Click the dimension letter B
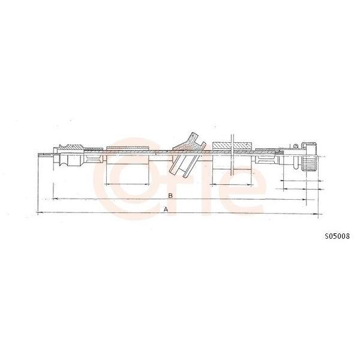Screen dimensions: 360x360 click(170, 196)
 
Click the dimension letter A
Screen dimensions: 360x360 click(166, 209)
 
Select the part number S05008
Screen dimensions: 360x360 click(337, 236)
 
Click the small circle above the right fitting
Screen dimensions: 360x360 click(296, 146)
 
